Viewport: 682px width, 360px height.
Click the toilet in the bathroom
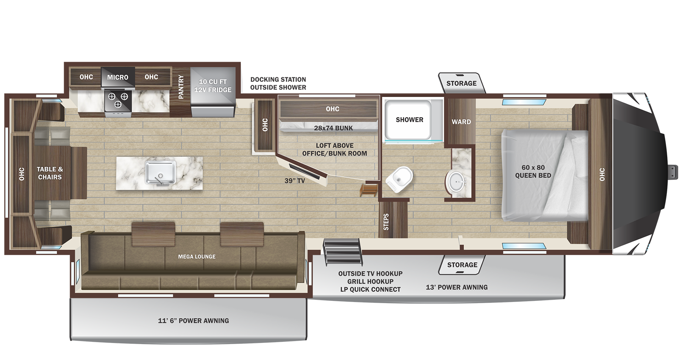(x=399, y=179)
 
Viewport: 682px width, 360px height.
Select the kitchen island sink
(x=161, y=173)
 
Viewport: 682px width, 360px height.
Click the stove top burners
(x=118, y=100)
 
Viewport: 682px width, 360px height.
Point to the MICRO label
(x=117, y=77)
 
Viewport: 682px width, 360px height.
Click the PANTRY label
(x=181, y=87)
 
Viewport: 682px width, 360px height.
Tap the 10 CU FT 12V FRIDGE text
(x=213, y=86)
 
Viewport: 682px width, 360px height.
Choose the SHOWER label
(x=409, y=120)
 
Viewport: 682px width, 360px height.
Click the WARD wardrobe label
(x=461, y=122)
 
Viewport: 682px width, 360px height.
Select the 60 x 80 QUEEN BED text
(x=533, y=171)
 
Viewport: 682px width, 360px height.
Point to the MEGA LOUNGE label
(x=197, y=257)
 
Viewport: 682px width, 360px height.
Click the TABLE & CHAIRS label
(x=50, y=173)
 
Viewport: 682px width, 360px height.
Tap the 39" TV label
(x=294, y=181)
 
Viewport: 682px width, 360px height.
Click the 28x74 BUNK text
(x=333, y=128)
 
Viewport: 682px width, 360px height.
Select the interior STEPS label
(x=386, y=222)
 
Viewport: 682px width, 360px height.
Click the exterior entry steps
(x=342, y=250)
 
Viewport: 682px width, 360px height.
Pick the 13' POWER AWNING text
(x=457, y=287)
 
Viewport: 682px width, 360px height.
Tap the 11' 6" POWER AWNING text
(x=193, y=321)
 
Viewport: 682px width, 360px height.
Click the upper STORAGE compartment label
(x=461, y=83)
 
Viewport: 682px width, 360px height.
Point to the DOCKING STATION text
(x=278, y=80)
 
